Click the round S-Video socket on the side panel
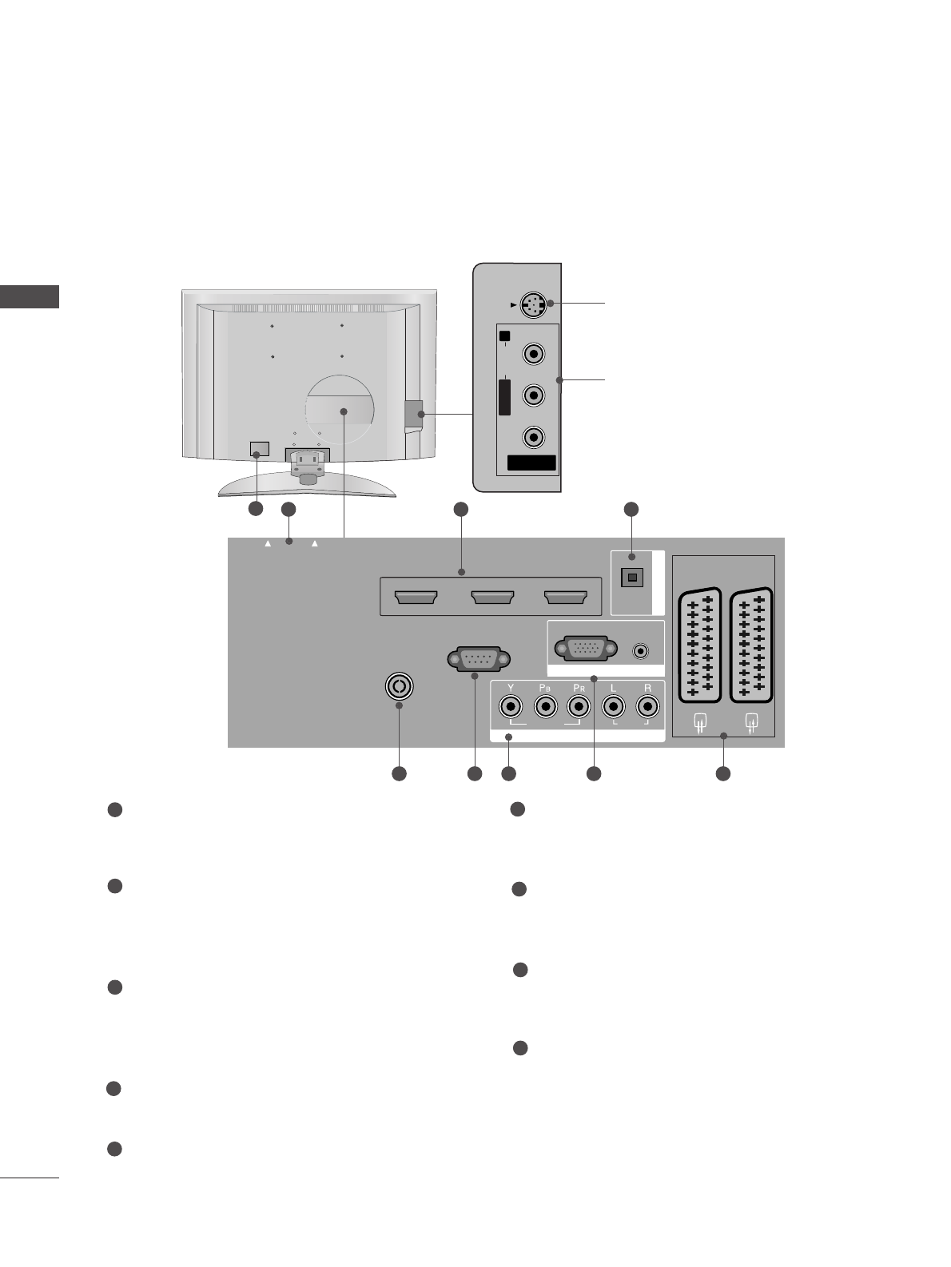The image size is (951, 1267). coord(532,305)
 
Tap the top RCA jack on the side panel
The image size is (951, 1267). coord(532,352)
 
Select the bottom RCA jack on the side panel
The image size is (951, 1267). coord(532,437)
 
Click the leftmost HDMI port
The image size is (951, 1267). coord(416,598)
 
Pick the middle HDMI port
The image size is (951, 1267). coord(491,598)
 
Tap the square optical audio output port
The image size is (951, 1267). coord(632,577)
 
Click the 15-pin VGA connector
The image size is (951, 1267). coord(585,648)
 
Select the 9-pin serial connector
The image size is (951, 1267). coord(478,660)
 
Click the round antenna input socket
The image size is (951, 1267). coord(399,685)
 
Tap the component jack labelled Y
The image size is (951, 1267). coord(510,707)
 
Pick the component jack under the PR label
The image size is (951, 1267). coord(578,707)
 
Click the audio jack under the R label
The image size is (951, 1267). coord(647,707)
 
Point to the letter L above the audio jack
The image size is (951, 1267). coord(613,688)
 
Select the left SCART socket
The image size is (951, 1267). coord(699,645)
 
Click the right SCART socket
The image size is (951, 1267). coord(751,645)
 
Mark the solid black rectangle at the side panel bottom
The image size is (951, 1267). coord(531,463)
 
